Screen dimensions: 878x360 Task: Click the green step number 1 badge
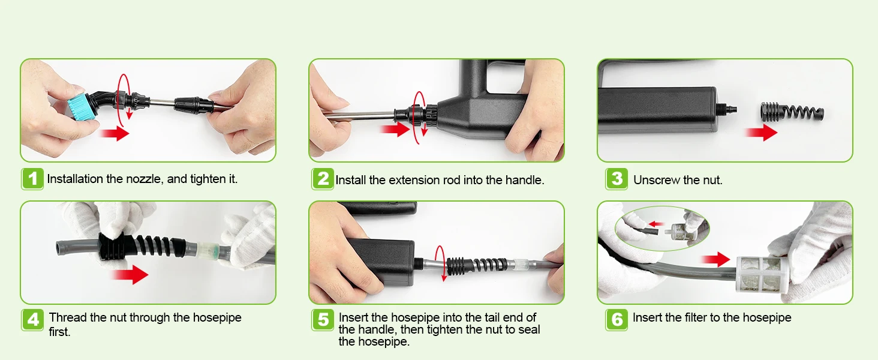[x=32, y=179]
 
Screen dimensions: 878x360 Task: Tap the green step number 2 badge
[x=323, y=179]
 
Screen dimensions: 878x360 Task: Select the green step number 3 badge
[x=617, y=179]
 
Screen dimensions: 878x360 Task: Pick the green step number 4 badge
[x=32, y=320]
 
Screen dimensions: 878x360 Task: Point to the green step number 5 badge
[x=323, y=320]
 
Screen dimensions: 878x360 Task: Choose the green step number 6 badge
[x=617, y=320]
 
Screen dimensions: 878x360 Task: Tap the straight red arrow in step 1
[x=115, y=133]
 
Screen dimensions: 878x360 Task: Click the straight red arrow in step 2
[x=395, y=129]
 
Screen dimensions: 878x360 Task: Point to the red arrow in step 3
[x=761, y=133]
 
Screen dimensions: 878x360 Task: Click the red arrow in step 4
[x=130, y=274]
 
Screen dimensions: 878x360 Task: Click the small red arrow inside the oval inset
[x=657, y=224]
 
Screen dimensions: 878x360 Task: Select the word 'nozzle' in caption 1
[x=144, y=179]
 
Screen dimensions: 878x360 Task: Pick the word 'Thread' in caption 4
[x=67, y=317]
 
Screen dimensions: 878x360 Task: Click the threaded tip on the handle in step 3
[x=727, y=108]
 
